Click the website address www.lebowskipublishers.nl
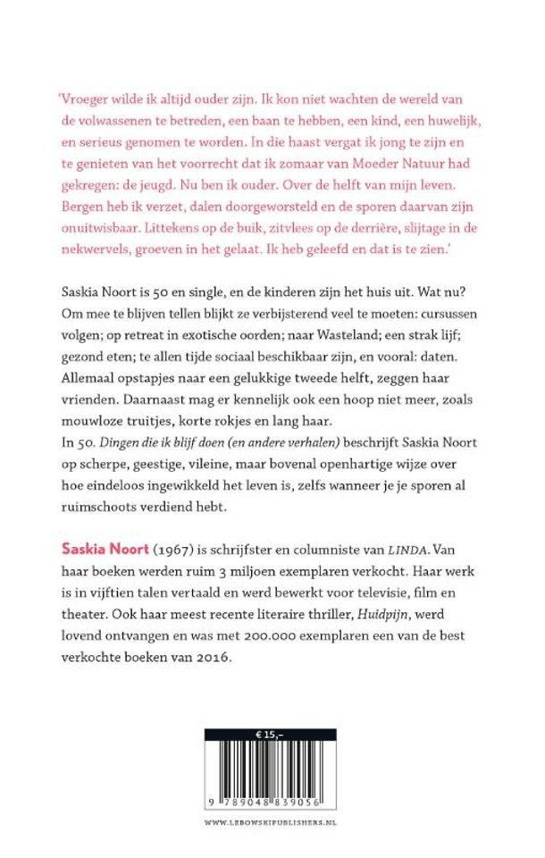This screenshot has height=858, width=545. pyautogui.click(x=271, y=820)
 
